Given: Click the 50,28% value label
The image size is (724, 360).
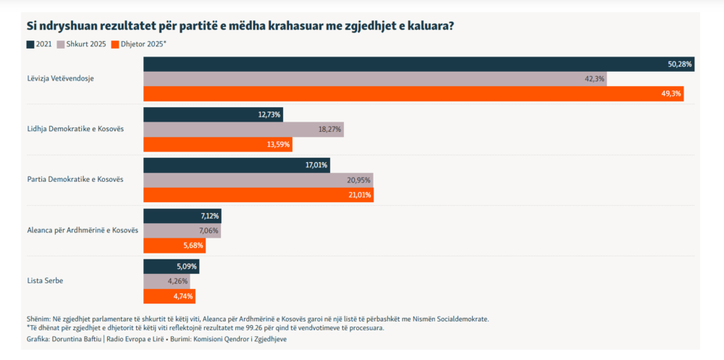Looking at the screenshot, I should click(x=680, y=64).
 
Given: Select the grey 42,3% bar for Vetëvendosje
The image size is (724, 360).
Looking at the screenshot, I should click(x=375, y=79).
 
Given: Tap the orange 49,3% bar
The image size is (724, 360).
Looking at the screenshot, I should click(x=413, y=94).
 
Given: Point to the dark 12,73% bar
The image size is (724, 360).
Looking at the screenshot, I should click(x=213, y=114).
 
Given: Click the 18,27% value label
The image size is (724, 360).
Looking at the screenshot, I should click(x=329, y=130).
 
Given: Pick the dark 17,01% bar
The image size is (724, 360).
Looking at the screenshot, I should click(x=237, y=165).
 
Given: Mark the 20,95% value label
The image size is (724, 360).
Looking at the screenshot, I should click(x=358, y=180).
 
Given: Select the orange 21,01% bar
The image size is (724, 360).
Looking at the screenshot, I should click(x=258, y=195).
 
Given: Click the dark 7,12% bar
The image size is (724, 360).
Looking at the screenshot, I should click(x=182, y=216).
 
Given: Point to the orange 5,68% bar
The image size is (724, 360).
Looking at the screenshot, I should click(x=174, y=246).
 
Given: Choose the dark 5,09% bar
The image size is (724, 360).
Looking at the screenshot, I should click(x=171, y=267).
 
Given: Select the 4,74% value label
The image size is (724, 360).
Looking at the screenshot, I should click(x=183, y=296).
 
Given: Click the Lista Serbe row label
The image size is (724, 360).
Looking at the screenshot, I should click(x=46, y=280).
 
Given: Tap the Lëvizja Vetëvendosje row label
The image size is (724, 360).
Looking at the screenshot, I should click(x=61, y=78).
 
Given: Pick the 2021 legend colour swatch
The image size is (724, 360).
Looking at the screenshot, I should click(x=30, y=44).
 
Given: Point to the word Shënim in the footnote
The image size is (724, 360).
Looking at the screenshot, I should click(x=38, y=319).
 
